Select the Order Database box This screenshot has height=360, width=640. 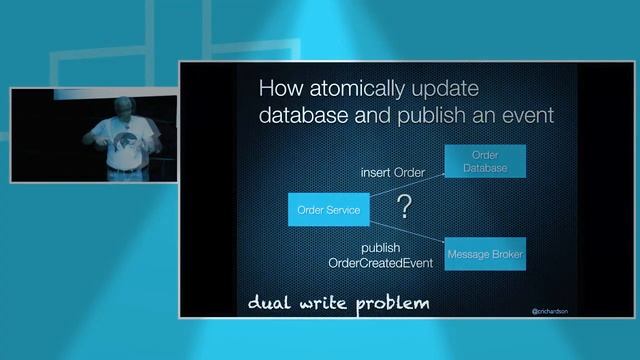point(484,163)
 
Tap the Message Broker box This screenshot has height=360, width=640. point(484,254)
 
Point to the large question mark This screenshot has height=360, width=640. point(404,208)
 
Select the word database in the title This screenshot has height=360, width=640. point(297,115)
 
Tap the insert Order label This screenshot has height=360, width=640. point(392,172)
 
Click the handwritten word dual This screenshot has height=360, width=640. point(269,302)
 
